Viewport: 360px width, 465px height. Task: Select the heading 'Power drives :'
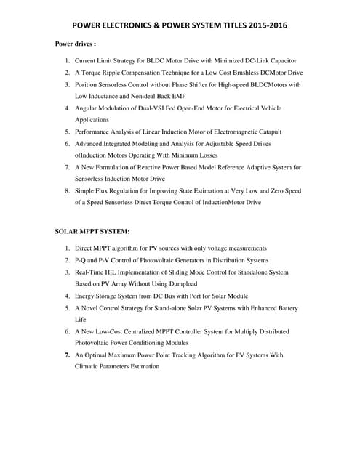click(x=76, y=44)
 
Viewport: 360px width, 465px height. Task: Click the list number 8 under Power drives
click(x=66, y=191)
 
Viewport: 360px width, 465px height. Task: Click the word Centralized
click(x=153, y=331)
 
